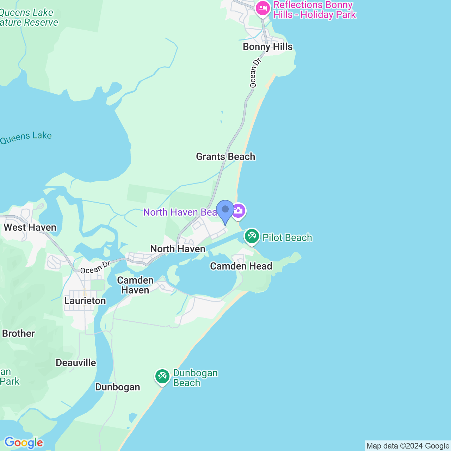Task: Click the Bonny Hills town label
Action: [x=267, y=47]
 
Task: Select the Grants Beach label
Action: [x=225, y=156]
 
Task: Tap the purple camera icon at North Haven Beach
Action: [x=239, y=211]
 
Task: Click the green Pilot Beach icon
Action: [x=252, y=236]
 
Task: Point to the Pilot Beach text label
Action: [x=287, y=238]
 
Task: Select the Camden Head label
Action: [x=241, y=266]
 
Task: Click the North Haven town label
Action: [x=178, y=249]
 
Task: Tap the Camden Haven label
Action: [x=135, y=285]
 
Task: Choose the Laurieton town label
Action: [x=85, y=301]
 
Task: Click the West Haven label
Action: [x=30, y=227]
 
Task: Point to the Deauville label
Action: [x=76, y=363]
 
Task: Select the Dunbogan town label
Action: [x=118, y=387]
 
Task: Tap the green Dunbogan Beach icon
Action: [x=162, y=377]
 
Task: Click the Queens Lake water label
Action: [x=26, y=137]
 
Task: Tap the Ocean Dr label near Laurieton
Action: [x=95, y=267]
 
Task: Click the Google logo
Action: [x=24, y=443]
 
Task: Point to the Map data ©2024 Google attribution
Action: [x=408, y=446]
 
